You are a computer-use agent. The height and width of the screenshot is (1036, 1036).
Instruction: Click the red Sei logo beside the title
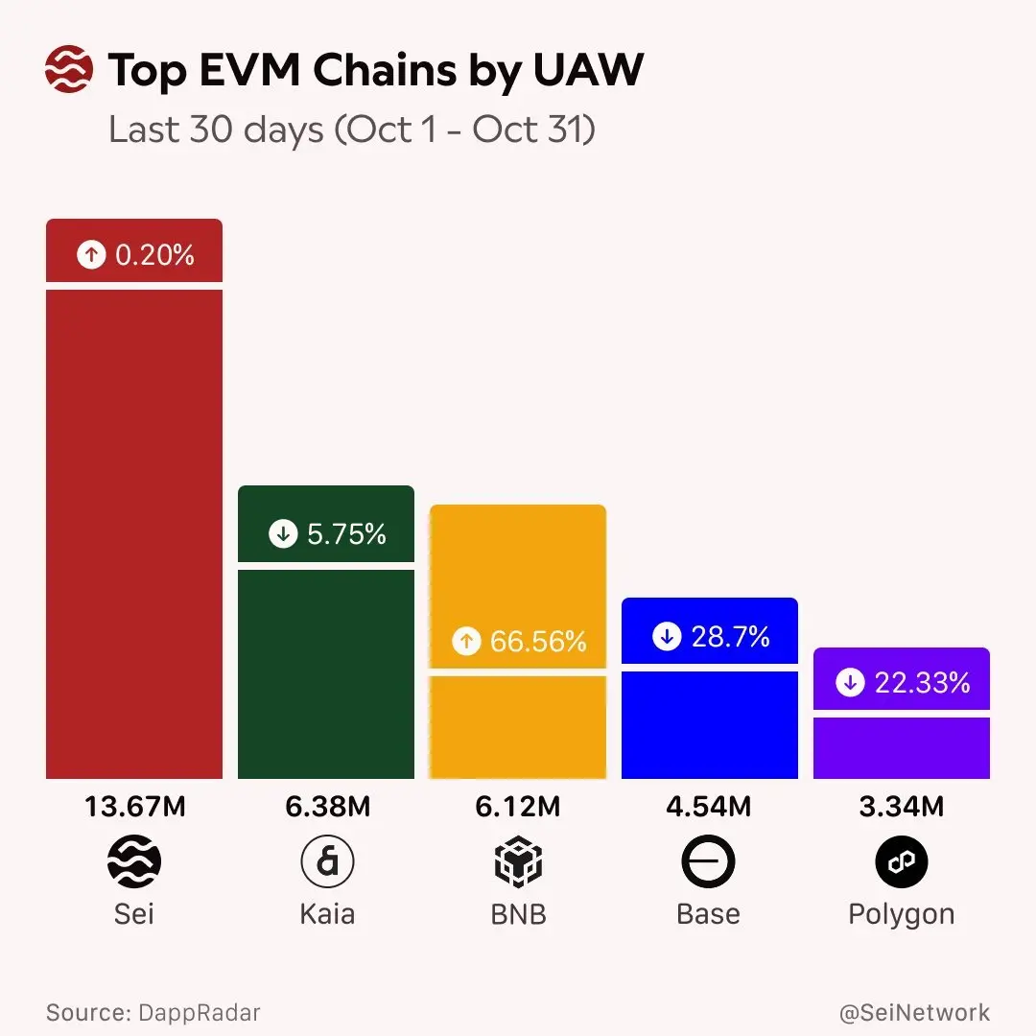point(69,70)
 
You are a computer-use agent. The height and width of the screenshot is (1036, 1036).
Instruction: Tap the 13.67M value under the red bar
point(134,807)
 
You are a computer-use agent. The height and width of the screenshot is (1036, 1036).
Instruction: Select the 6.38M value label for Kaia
point(327,807)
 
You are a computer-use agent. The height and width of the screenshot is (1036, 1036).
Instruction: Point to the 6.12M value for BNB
point(518,807)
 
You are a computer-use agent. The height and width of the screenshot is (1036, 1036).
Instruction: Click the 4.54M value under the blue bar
point(709,807)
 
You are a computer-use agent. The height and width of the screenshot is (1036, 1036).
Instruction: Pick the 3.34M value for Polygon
point(901,807)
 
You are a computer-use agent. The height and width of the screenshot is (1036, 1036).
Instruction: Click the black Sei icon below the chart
point(134,862)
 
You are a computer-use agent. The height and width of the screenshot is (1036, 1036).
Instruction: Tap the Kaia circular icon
point(327,862)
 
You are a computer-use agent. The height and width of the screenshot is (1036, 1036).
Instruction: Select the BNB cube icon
point(518,862)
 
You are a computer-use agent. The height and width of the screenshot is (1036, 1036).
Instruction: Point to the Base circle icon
point(708,862)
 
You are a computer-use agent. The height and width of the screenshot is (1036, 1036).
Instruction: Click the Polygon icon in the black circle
point(901,862)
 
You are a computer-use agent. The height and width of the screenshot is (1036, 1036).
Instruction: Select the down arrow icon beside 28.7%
point(667,637)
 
